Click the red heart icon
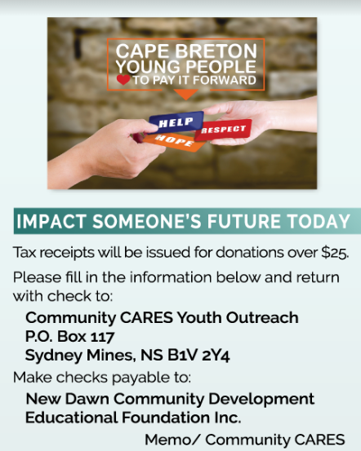point(123,80)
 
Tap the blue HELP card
point(176,122)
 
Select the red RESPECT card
point(223,130)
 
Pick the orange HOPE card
point(173,142)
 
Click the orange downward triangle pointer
point(186,94)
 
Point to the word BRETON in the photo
point(216,51)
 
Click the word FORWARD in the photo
point(224,80)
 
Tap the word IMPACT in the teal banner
point(51,222)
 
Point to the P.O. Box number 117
point(103,337)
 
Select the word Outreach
point(262,318)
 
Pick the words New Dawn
point(68,399)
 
